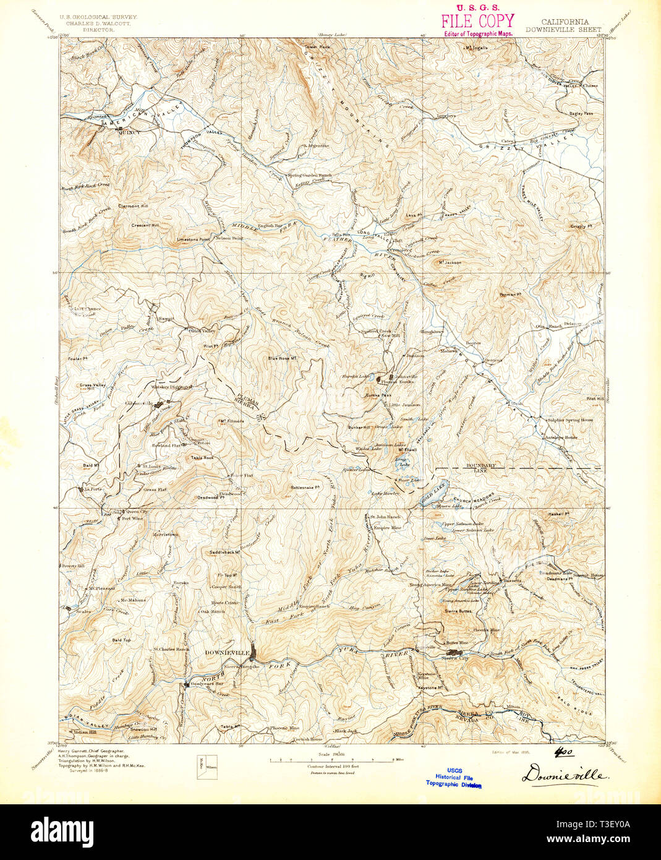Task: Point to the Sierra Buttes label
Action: click(x=458, y=610)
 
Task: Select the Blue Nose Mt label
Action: click(x=284, y=358)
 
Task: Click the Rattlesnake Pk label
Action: click(x=305, y=487)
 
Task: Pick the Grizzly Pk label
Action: click(x=581, y=226)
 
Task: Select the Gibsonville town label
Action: click(x=139, y=403)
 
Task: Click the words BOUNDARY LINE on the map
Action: click(x=482, y=468)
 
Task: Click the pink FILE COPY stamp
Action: click(x=477, y=21)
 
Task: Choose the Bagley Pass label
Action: click(x=581, y=114)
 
